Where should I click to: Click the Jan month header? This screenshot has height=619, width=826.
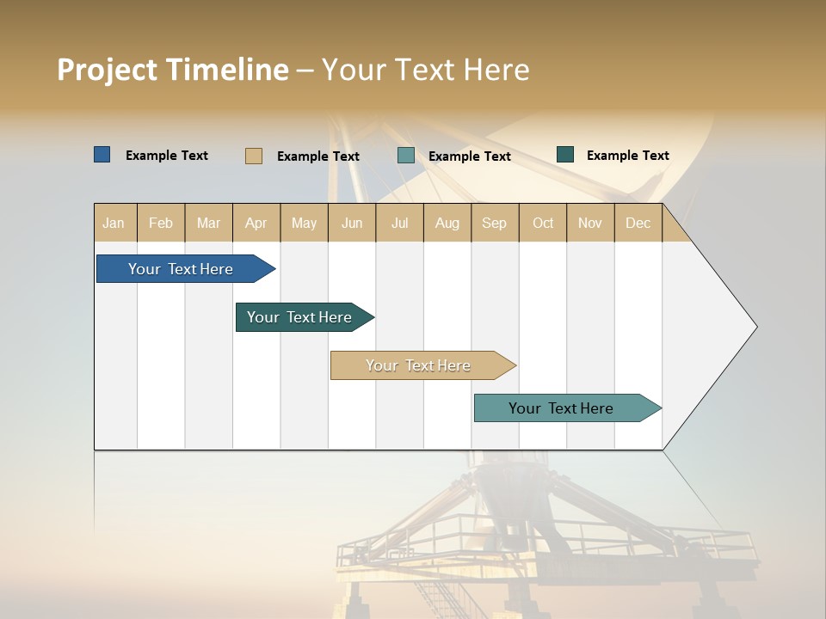click(114, 223)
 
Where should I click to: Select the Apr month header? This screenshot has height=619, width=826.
click(256, 223)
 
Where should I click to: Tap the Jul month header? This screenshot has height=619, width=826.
click(399, 223)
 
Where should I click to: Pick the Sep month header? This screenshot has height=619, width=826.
click(494, 223)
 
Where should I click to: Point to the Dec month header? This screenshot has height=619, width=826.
click(638, 223)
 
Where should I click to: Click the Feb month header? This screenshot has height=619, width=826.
click(161, 223)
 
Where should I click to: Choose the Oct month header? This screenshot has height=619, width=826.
click(543, 223)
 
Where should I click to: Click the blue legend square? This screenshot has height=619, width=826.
click(102, 155)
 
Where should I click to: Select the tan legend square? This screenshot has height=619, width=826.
click(253, 156)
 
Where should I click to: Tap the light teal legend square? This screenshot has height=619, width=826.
click(406, 156)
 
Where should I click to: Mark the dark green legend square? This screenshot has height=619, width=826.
click(565, 155)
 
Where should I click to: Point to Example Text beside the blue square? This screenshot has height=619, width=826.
click(167, 156)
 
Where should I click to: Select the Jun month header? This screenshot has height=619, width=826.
click(352, 223)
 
